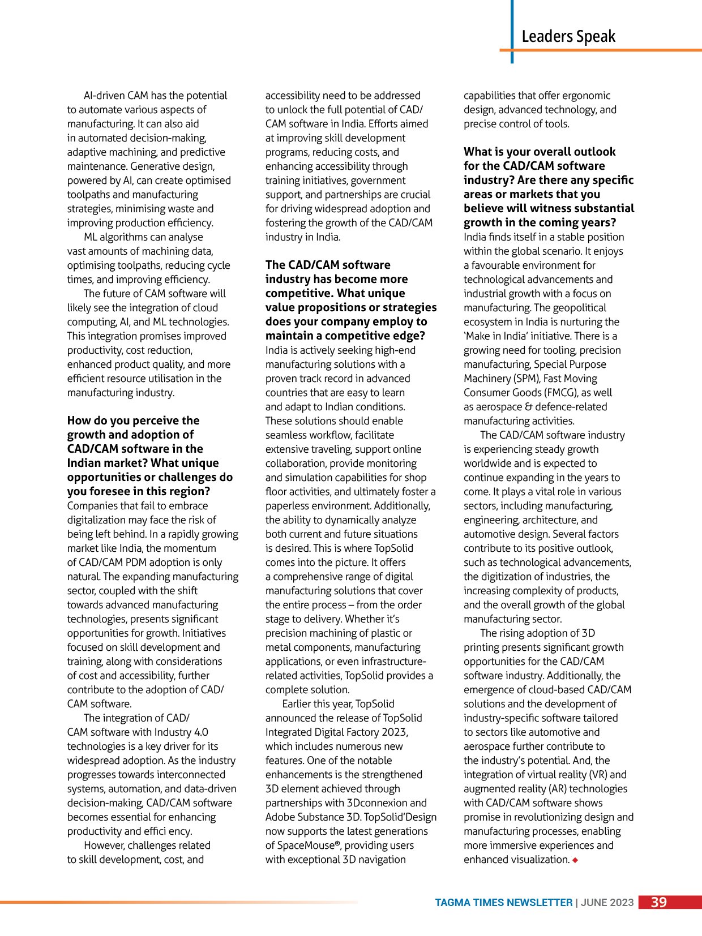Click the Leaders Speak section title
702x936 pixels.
[x=568, y=36]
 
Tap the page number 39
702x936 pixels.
[x=658, y=903]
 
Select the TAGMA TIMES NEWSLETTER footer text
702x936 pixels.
[x=503, y=903]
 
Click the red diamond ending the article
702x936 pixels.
[x=575, y=860]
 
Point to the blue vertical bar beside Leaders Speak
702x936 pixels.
[x=512, y=31]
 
